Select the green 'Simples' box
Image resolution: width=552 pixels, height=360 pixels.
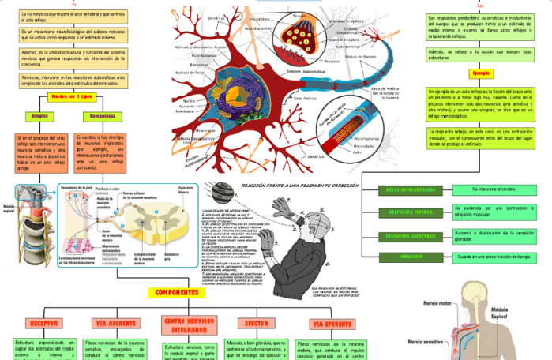pos(39,116)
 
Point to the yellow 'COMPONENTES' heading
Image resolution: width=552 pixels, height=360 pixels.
pos(176,293)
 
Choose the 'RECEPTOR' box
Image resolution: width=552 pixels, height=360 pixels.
pos(43,323)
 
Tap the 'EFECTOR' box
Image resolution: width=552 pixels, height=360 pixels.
pos(254,323)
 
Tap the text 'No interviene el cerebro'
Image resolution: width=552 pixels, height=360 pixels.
pos(496,189)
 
